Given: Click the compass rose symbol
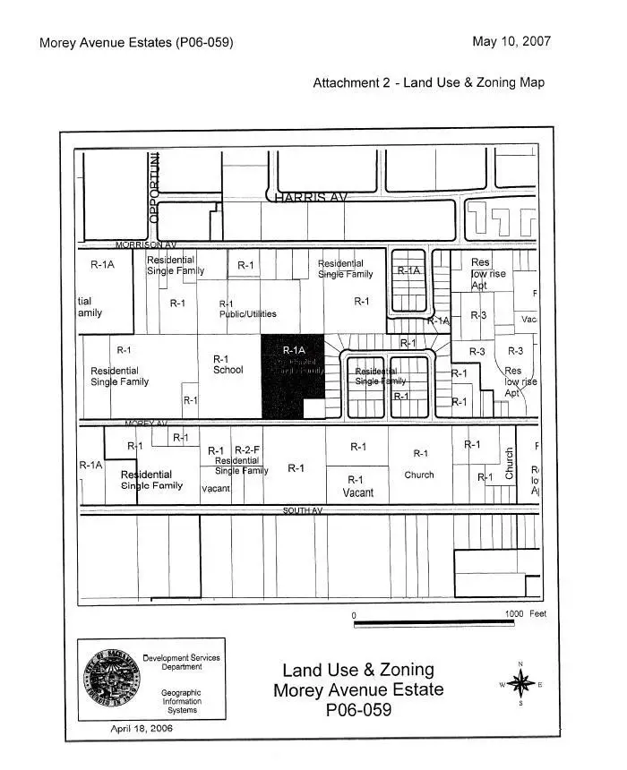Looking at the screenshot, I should (x=520, y=684).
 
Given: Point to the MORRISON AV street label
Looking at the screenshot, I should (x=146, y=244).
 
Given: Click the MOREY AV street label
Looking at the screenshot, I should (x=145, y=423).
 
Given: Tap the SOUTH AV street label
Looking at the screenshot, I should (x=303, y=510).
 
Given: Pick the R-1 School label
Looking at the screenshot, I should (x=228, y=364).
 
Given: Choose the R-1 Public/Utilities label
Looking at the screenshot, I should (x=247, y=309).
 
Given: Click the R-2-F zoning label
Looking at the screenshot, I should (x=247, y=450).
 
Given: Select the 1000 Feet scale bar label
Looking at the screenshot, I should (x=525, y=614).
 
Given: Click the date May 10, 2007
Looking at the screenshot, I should (x=511, y=41).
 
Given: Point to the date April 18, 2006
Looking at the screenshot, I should (x=142, y=729).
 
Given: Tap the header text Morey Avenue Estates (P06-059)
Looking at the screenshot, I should (x=136, y=43).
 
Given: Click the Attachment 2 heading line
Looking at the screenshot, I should (x=428, y=82).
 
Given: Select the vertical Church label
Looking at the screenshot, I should (x=510, y=464).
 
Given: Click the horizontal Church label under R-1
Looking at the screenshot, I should (x=419, y=475).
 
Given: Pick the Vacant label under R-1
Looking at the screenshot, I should (x=357, y=492).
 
